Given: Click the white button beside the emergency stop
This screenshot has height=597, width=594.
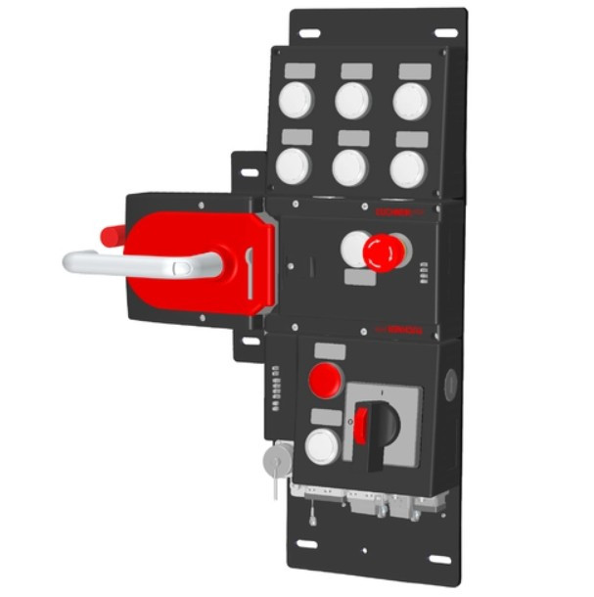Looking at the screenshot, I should (x=354, y=250).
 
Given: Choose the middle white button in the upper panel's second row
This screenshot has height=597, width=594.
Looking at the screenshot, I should (x=349, y=167).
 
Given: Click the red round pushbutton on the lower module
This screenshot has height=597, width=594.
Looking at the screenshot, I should (x=324, y=379).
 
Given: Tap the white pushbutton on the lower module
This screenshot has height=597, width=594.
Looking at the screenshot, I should (x=321, y=446).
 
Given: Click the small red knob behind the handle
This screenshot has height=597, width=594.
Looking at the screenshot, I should (x=112, y=235).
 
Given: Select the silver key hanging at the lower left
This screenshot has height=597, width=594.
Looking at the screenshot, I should (x=278, y=460).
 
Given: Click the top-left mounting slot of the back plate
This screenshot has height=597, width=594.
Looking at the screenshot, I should (x=309, y=33).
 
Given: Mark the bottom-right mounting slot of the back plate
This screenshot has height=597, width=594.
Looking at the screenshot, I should (x=440, y=560).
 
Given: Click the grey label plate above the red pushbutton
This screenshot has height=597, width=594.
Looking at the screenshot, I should (x=330, y=350).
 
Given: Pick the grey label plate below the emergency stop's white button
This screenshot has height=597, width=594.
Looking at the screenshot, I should (x=359, y=278).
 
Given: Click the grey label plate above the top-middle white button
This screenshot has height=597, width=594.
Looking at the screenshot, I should (x=356, y=71).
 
